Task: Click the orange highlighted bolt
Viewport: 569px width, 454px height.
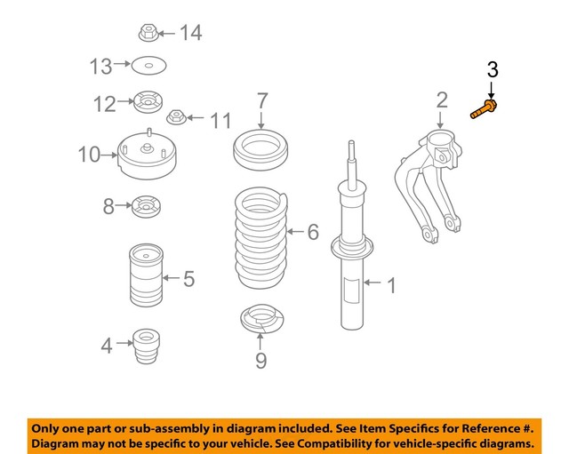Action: click(x=483, y=111)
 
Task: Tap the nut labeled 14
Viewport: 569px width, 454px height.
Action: click(x=148, y=35)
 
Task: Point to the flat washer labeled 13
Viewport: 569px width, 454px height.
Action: click(x=148, y=66)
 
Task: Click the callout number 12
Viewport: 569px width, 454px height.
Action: click(x=105, y=105)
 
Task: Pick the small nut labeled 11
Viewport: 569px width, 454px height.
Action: click(x=176, y=118)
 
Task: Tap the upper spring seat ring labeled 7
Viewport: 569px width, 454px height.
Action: click(x=261, y=149)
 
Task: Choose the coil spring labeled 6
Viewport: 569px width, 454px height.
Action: click(x=261, y=235)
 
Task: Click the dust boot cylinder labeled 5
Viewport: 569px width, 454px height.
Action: click(x=144, y=279)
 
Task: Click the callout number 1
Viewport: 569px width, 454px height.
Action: click(x=389, y=285)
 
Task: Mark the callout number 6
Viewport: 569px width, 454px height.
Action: click(x=313, y=234)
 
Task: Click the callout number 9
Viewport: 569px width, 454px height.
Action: click(x=260, y=361)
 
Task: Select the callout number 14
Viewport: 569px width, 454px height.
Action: click(x=190, y=34)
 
